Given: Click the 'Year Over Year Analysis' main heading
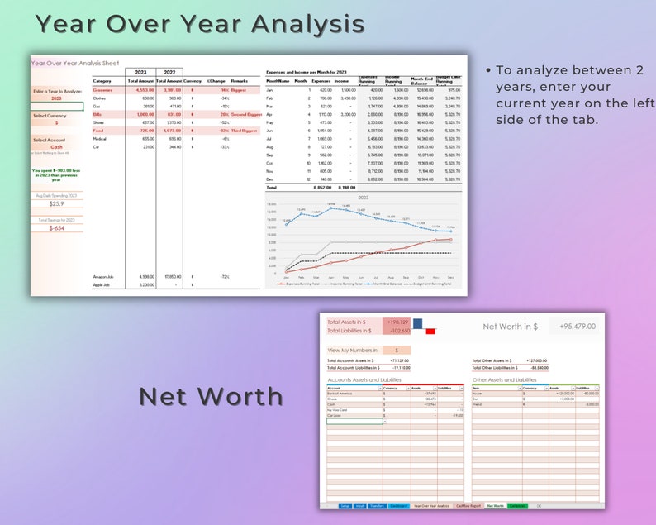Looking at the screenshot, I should pos(199,24).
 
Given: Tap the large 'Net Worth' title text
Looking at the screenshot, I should pos(211,396).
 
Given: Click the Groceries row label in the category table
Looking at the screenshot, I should pos(103,89).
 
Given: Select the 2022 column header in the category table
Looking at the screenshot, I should pos(169,72).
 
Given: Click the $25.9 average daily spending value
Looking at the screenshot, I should pos(56,203).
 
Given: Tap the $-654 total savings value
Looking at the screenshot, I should pos(56,227).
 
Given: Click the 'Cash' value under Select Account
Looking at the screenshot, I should pos(56,147).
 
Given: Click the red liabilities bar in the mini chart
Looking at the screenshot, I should pos(430,332).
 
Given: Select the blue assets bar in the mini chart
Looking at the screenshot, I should pos(417,323).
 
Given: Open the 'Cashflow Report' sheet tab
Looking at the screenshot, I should pos(468,505).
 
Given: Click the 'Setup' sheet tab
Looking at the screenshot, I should pos(345,505).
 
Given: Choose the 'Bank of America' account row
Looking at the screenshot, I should pos(340,393).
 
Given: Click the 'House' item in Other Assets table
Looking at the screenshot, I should pos(478,393).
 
